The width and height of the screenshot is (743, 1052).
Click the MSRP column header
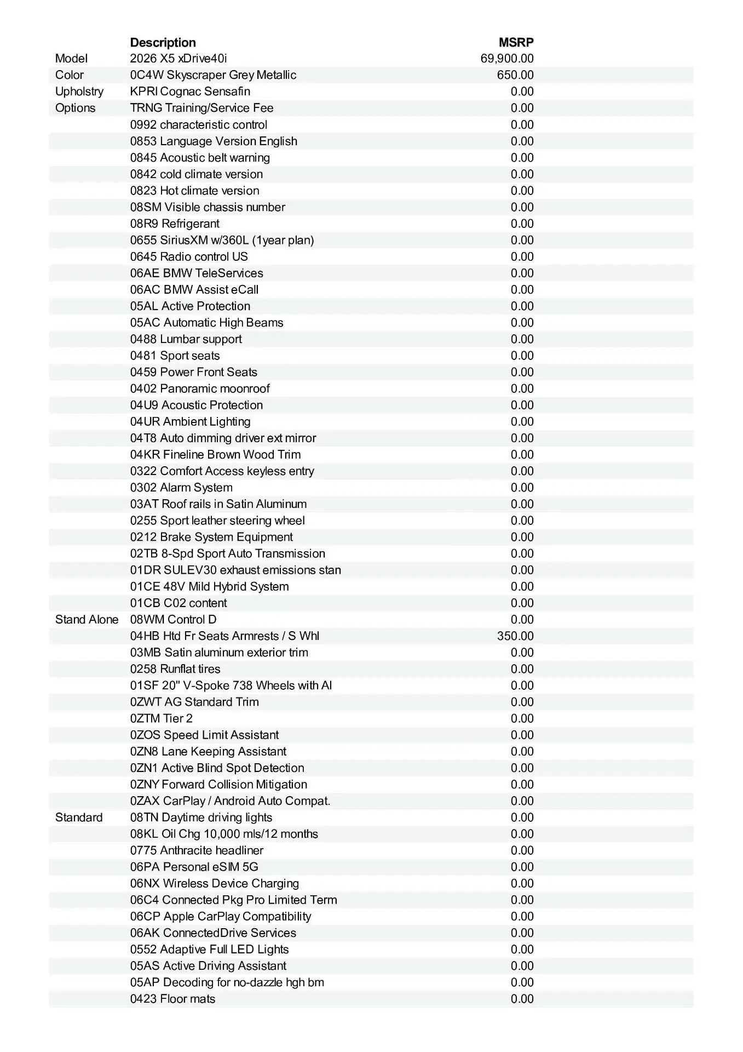[x=516, y=42]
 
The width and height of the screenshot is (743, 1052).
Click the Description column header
[x=163, y=42]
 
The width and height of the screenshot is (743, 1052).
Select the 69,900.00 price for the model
[x=507, y=59]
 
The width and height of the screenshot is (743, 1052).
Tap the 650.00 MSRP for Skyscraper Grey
[x=515, y=75]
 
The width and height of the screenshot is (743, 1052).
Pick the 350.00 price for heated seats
[x=515, y=636]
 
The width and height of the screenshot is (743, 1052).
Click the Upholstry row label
[x=79, y=92]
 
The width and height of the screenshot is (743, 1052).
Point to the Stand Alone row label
[x=87, y=620]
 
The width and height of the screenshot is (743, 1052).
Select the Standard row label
[x=79, y=817]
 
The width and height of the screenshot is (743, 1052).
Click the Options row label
[x=75, y=108]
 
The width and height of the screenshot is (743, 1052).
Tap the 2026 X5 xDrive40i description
[x=178, y=59]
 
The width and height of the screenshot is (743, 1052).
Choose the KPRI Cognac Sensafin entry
[x=190, y=92]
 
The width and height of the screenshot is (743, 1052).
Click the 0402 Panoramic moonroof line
[x=200, y=388]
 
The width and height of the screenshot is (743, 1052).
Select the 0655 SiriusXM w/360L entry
[x=222, y=240]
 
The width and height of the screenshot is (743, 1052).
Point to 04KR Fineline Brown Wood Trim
[x=215, y=455]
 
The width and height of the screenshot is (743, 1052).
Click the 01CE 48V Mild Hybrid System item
[x=209, y=587]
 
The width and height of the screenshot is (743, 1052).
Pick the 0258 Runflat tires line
[x=175, y=669]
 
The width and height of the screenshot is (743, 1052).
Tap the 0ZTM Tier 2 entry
[x=162, y=718]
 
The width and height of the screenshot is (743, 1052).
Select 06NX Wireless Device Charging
[x=215, y=883]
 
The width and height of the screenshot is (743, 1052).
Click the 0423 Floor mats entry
[x=172, y=999]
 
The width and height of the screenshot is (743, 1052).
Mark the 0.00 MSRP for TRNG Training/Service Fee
[x=522, y=108]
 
